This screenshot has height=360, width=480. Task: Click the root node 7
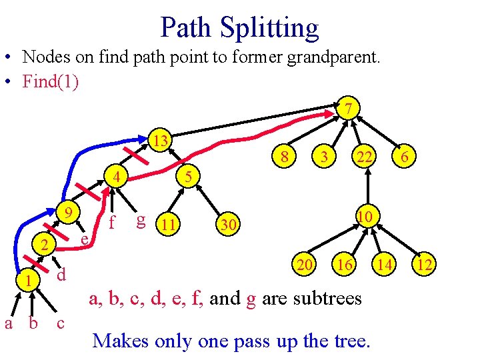tap(349, 108)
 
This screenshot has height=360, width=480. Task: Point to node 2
tap(44, 245)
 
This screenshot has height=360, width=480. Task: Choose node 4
tap(116, 179)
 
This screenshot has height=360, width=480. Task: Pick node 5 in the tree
tap(189, 177)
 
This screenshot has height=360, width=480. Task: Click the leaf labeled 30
tap(228, 226)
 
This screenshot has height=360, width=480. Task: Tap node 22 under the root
tap(365, 157)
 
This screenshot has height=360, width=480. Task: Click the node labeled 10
tap(364, 217)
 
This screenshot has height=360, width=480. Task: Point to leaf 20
tap(306, 265)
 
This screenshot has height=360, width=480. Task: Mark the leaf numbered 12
tap(425, 265)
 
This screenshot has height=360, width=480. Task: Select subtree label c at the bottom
tap(61, 323)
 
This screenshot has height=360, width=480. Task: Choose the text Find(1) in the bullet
tap(50, 81)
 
